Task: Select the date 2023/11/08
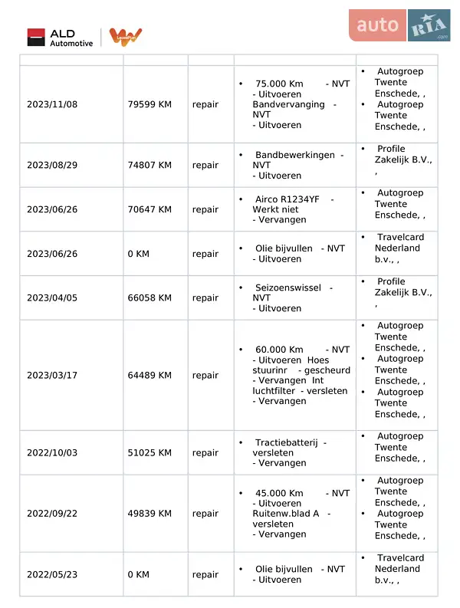point(52,104)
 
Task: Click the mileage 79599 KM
point(149,104)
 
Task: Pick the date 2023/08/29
point(52,165)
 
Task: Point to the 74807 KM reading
point(149,165)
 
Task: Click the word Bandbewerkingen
point(294,155)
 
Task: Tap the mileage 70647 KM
point(149,209)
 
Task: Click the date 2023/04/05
point(52,298)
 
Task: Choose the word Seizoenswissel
point(287,288)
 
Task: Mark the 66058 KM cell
point(149,298)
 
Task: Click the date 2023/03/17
point(52,376)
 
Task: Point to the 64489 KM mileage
point(149,376)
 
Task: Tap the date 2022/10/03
point(52,453)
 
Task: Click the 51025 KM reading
point(149,453)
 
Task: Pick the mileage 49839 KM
point(149,514)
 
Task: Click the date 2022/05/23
point(52,574)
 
